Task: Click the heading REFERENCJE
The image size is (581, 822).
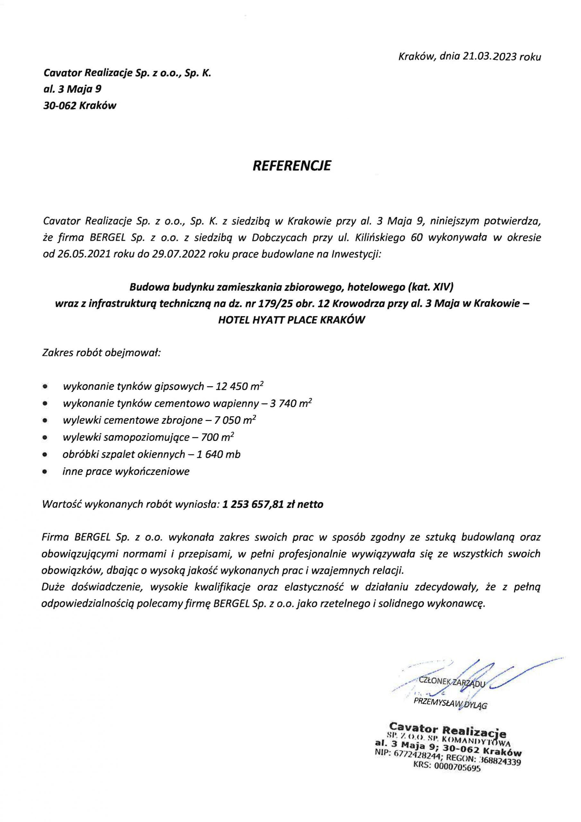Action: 292,166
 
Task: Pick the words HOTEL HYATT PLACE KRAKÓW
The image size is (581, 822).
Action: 291,320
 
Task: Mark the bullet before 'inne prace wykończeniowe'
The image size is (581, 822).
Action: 45,472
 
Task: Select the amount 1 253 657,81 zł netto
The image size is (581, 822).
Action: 273,504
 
